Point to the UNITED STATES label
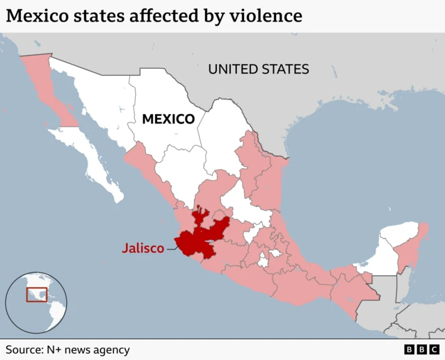(259, 69)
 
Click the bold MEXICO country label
(168, 120)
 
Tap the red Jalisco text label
(143, 247)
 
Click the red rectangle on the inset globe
(37, 295)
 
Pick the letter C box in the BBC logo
(434, 350)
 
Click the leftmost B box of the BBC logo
(409, 350)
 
